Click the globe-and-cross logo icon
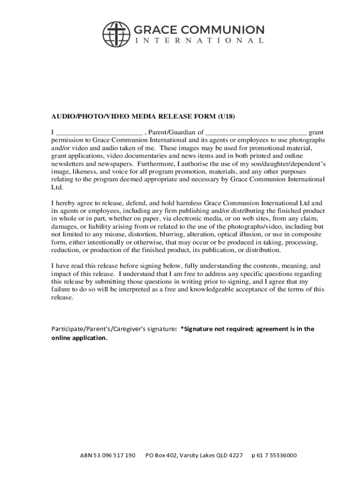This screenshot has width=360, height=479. click(x=116, y=34)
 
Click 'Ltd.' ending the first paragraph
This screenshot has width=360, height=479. click(x=56, y=187)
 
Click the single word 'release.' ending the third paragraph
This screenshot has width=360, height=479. click(x=62, y=298)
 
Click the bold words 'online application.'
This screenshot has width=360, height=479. click(x=79, y=338)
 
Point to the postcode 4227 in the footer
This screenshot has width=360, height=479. click(x=235, y=456)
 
